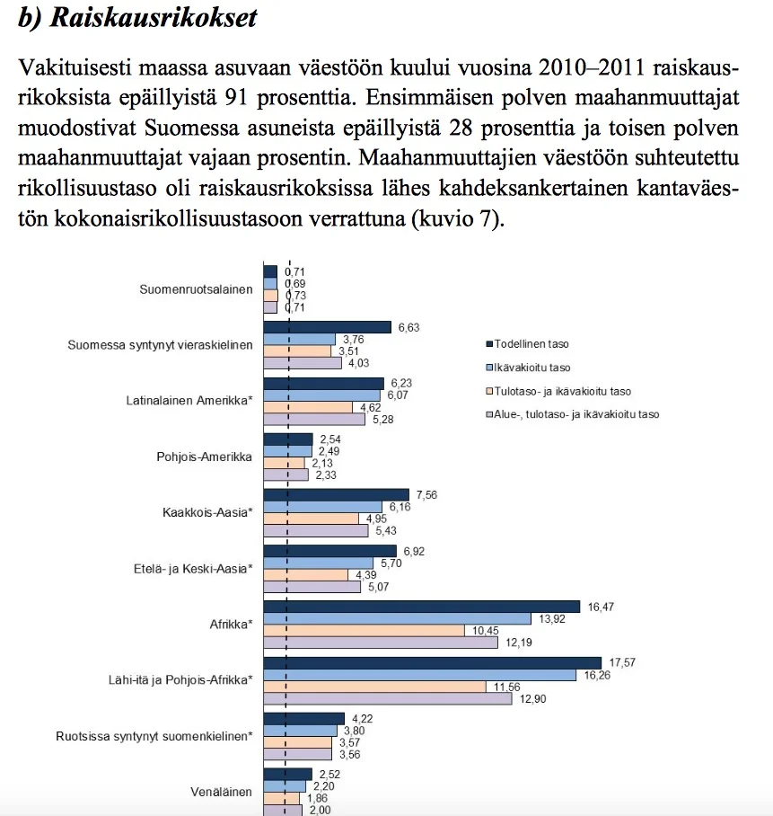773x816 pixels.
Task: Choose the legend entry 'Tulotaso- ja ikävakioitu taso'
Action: click(x=557, y=391)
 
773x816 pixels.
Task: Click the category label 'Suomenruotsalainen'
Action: click(x=196, y=289)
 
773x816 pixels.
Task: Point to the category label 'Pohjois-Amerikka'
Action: click(x=204, y=456)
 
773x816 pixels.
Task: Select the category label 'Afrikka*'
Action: click(x=230, y=623)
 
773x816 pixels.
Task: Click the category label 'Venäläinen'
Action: click(x=222, y=792)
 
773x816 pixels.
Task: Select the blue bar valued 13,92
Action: click(x=396, y=618)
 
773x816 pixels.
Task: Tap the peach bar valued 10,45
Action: click(x=364, y=631)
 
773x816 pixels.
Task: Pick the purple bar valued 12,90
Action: click(x=387, y=698)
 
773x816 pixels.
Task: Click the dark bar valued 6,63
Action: click(x=327, y=327)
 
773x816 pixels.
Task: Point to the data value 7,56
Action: click(x=425, y=494)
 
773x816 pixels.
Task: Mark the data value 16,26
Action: click(x=596, y=675)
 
